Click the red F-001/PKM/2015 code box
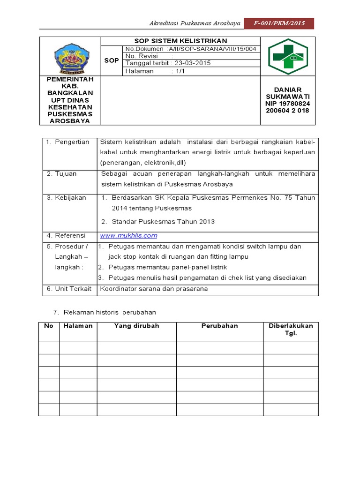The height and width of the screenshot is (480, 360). click(x=278, y=23)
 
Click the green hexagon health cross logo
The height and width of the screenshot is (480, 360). click(x=288, y=56)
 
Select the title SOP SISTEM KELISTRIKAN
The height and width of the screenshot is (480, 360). click(x=180, y=41)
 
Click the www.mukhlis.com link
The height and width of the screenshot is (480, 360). click(x=128, y=235)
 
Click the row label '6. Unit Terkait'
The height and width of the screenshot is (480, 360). click(x=68, y=289)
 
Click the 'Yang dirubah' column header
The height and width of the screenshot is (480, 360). click(x=136, y=326)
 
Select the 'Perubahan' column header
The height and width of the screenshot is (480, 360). click(x=220, y=326)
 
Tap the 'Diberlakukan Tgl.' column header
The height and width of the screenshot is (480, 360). click(x=291, y=330)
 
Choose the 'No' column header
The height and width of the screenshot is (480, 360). click(x=49, y=326)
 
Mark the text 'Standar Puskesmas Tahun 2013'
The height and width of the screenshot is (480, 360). click(x=163, y=221)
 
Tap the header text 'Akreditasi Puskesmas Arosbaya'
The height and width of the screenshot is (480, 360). click(x=195, y=23)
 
